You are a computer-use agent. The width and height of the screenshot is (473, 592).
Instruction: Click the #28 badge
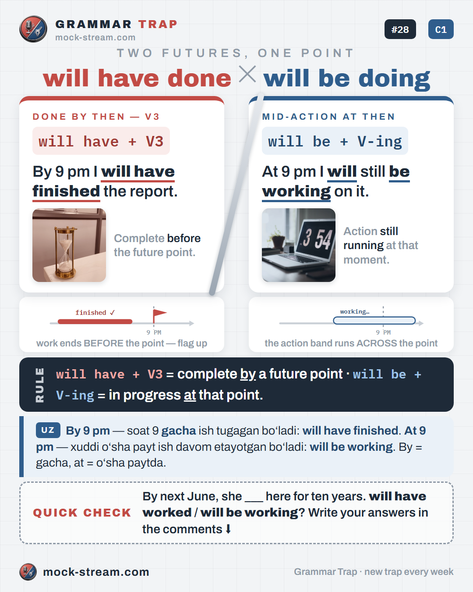pos(400,29)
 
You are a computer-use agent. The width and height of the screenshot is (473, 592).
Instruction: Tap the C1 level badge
pos(441,29)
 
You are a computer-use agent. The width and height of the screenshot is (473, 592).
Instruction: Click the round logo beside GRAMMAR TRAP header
pos(33,29)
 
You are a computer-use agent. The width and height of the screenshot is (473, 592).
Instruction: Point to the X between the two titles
pos(247,74)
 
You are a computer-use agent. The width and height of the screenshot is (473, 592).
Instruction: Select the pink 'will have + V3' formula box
pos(101,141)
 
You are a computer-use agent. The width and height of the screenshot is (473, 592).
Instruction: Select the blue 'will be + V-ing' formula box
pos(335,141)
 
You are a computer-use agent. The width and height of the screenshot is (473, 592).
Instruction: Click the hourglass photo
pos(69,245)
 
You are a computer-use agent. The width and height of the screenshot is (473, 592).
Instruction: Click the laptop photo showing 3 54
pos(299,245)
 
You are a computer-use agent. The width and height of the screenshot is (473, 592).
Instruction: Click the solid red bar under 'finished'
pos(95,321)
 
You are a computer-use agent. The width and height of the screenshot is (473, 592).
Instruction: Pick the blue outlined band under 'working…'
pos(374,321)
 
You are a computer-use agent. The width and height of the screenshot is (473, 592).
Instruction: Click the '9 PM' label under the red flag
pos(154,332)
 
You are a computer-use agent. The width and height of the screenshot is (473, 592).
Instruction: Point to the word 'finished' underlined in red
pos(66,191)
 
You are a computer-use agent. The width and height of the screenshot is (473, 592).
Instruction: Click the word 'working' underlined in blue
pos(296,192)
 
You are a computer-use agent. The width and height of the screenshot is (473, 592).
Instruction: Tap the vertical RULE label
pos(40,385)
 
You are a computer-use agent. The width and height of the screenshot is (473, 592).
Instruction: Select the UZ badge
pos(48,430)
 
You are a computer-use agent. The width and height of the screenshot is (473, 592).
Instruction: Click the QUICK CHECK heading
pos(82,513)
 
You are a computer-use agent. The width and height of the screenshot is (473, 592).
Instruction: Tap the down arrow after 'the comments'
pos(228,529)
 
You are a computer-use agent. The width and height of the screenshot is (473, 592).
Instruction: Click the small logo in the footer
pos(28,572)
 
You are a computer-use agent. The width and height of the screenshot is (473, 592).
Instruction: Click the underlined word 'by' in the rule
pos(248,374)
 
